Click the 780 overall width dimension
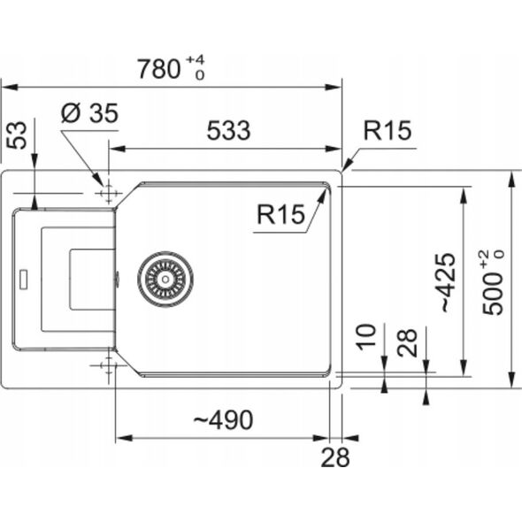(x=159, y=69)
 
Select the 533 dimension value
(x=228, y=131)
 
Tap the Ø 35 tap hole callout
(x=90, y=113)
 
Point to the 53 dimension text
(x=17, y=135)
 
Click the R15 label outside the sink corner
(x=388, y=131)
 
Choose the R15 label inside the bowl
(x=281, y=214)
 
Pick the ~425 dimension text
(x=448, y=282)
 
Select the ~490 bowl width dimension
(x=223, y=420)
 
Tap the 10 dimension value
(x=366, y=336)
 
